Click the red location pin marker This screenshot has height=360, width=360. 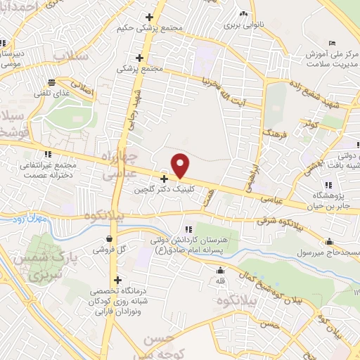click(x=181, y=165)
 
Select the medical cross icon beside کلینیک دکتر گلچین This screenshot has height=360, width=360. click(x=164, y=179)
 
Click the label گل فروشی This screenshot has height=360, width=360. click(x=111, y=250)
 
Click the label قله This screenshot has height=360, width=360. click(x=221, y=281)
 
